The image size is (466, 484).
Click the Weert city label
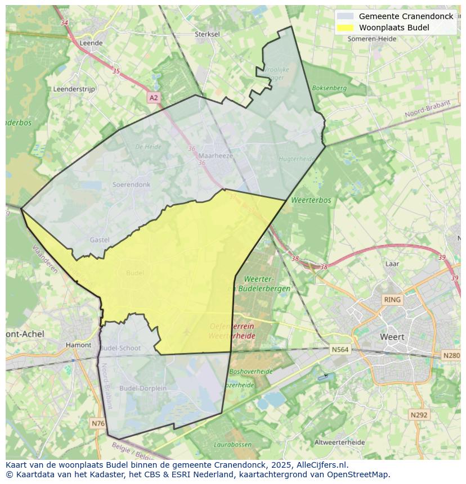tap(392, 337)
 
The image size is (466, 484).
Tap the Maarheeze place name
tap(215, 156)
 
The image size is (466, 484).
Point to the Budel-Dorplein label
tap(143, 388)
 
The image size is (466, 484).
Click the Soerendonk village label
tap(131, 184)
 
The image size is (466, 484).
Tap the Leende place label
tap(91, 43)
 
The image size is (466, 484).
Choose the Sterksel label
tap(207, 34)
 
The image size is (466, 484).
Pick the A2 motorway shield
tap(154, 98)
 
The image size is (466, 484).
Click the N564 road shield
tap(340, 350)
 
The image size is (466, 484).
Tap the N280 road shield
tap(451, 355)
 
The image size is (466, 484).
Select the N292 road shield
tap(419, 415)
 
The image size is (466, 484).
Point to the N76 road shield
tap(97, 423)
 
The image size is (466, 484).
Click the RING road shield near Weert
tap(392, 300)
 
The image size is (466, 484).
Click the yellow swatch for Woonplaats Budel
tap(346, 28)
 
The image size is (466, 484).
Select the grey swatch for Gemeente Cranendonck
tap(346, 16)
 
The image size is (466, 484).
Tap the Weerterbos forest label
tap(311, 200)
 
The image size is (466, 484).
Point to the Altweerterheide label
tap(347, 442)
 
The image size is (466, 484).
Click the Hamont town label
tap(78, 345)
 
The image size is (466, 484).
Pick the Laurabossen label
tap(233, 445)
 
